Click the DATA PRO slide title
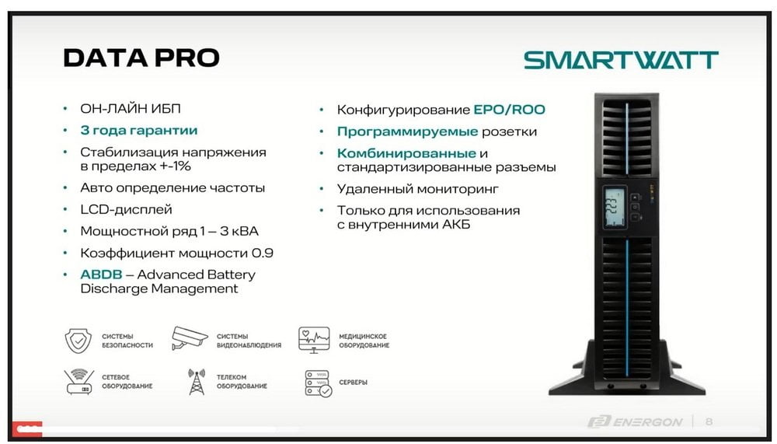coord(141,58)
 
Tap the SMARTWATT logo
coord(621,60)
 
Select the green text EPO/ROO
coord(510,110)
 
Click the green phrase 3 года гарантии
coord(139,131)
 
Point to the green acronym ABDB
coord(101,274)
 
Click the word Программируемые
coord(407,132)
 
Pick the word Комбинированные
coord(406,153)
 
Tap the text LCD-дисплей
coord(127,209)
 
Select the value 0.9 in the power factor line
coord(262,253)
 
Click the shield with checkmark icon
coord(78,341)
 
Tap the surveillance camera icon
coord(190,338)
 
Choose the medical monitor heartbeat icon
coord(314,340)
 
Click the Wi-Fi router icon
coord(78,382)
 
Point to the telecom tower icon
coord(197,382)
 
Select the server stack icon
coord(318,383)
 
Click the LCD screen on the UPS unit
coord(615,208)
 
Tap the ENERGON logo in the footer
coord(635,421)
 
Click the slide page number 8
coord(709,421)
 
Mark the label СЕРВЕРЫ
coord(353,383)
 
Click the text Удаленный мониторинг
coord(418,189)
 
